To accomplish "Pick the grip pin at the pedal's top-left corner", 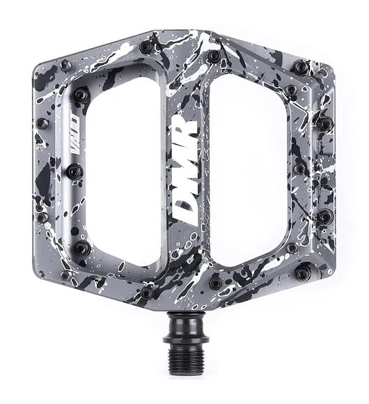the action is coord(66,65).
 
